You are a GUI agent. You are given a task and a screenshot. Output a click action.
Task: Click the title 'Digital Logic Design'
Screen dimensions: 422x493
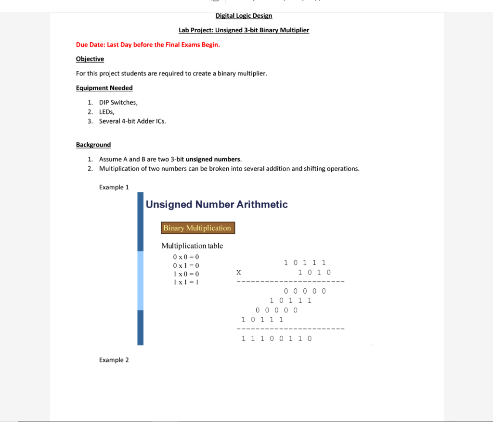point(244,16)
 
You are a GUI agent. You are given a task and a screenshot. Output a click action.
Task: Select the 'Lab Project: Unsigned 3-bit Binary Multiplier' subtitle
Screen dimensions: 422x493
point(244,30)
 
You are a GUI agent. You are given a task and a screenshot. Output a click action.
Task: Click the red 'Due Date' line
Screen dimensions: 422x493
point(148,45)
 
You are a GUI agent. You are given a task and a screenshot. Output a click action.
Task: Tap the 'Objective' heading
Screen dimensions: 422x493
point(90,59)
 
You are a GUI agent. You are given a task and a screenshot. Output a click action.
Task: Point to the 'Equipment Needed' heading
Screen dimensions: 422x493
point(104,88)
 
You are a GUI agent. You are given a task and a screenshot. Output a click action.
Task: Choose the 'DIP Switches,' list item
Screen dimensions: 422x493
point(118,102)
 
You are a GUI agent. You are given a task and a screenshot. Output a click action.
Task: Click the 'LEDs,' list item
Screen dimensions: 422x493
point(106,112)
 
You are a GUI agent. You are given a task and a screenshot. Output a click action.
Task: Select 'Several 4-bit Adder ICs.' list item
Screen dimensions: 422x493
point(132,121)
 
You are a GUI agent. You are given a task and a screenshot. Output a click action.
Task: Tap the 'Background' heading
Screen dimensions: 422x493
point(93,145)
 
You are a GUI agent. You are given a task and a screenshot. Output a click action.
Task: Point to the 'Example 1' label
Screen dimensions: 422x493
point(114,187)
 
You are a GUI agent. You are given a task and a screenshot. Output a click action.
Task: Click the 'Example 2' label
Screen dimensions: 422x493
point(114,360)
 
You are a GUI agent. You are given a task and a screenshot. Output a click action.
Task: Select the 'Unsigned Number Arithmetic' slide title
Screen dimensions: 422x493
point(217,205)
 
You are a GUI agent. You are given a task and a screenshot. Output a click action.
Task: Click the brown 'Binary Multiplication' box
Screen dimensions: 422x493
point(197,228)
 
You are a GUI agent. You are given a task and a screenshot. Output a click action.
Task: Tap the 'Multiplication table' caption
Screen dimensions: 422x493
point(192,246)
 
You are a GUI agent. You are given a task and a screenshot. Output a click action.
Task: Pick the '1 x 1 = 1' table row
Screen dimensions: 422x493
point(186,282)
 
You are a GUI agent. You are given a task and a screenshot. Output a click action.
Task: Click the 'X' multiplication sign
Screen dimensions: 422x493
point(238,273)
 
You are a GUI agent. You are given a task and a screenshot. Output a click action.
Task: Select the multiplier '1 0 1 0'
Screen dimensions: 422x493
point(314,273)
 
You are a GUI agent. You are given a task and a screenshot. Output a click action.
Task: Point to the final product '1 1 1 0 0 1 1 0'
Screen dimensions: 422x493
point(276,338)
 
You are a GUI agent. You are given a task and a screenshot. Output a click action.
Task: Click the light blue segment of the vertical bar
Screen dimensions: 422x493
point(141,281)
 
